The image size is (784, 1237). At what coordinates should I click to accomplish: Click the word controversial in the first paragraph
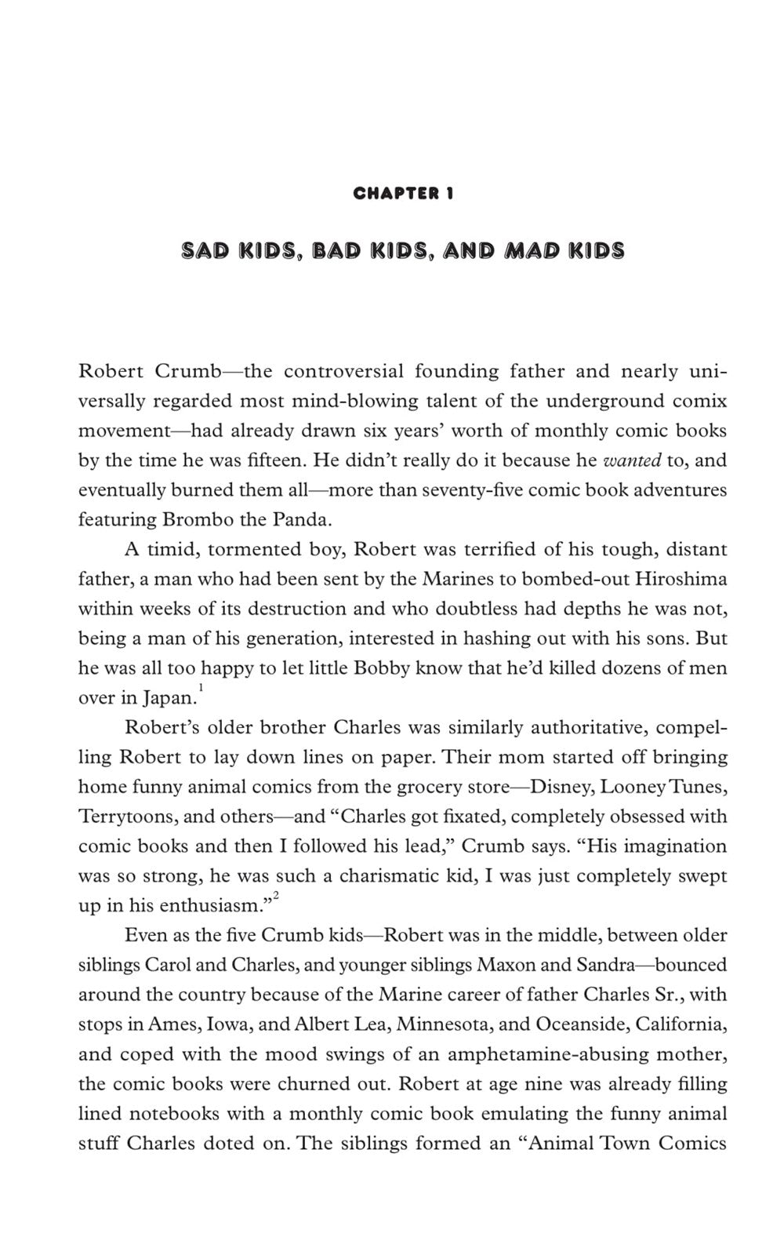pos(343,371)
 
